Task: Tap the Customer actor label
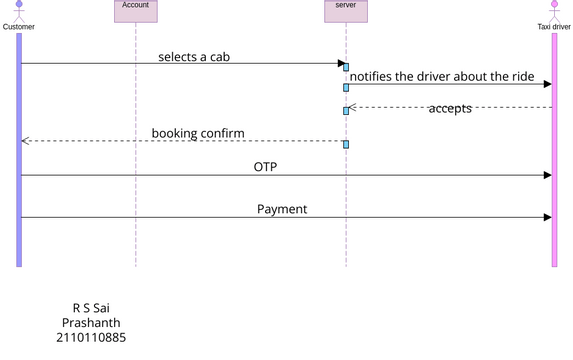19,27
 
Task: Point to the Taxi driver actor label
553,27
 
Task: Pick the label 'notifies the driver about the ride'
449,77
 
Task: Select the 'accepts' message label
450,108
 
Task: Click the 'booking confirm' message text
198,133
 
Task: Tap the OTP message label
265,167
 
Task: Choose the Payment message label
282,209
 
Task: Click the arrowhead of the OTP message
547,175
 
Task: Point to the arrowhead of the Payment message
547,217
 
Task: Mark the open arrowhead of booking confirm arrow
25,141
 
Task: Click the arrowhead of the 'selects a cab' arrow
341,64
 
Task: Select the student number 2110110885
91,338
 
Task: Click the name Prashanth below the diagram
91,323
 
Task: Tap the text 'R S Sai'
91,308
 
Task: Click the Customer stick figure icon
19,12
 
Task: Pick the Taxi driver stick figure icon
553,12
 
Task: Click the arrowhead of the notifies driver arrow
547,85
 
